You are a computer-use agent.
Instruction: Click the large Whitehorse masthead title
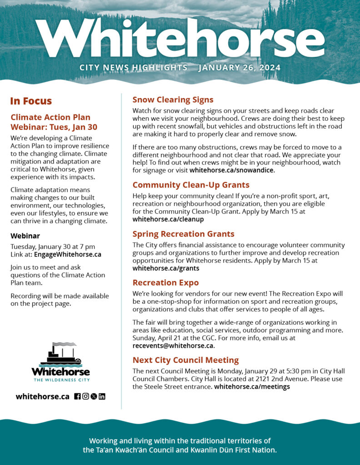tap(180, 39)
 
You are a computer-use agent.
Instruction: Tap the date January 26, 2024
tap(240, 68)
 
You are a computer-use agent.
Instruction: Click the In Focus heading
tap(31, 101)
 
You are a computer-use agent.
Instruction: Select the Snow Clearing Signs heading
tap(173, 99)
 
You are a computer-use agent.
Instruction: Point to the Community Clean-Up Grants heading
tap(191, 185)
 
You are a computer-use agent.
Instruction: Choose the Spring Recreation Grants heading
tap(183, 234)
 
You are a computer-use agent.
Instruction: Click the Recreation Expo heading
tap(165, 282)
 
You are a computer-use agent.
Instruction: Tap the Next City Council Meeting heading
tap(185, 360)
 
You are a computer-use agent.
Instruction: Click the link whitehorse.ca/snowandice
tap(232, 171)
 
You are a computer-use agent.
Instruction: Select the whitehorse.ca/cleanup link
tap(168, 219)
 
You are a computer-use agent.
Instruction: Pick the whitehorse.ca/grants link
tap(166, 268)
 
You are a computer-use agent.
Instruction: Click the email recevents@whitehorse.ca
tap(173, 346)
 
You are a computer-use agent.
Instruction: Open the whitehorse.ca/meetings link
tap(252, 387)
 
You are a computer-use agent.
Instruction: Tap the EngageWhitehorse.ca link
tap(68, 254)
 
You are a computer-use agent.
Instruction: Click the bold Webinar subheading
tap(25, 236)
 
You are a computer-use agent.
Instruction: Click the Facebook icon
tap(77, 396)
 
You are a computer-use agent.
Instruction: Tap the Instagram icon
tap(85, 396)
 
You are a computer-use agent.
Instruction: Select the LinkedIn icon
tap(102, 396)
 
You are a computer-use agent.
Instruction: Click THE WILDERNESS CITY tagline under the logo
tap(61, 380)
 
